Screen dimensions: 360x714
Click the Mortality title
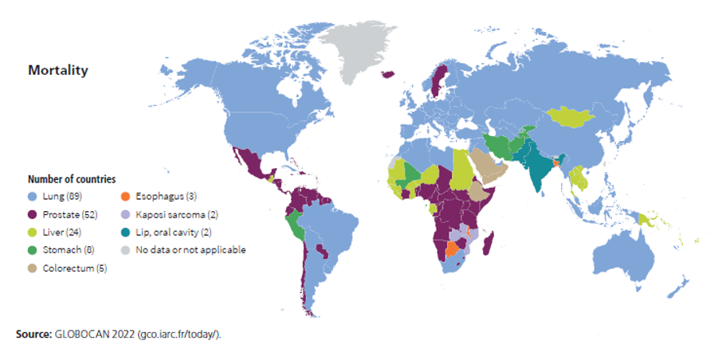(x=58, y=70)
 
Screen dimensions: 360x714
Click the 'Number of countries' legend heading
(x=72, y=179)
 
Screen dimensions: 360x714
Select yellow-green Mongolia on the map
(x=576, y=117)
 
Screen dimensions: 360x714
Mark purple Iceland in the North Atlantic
(x=390, y=74)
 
